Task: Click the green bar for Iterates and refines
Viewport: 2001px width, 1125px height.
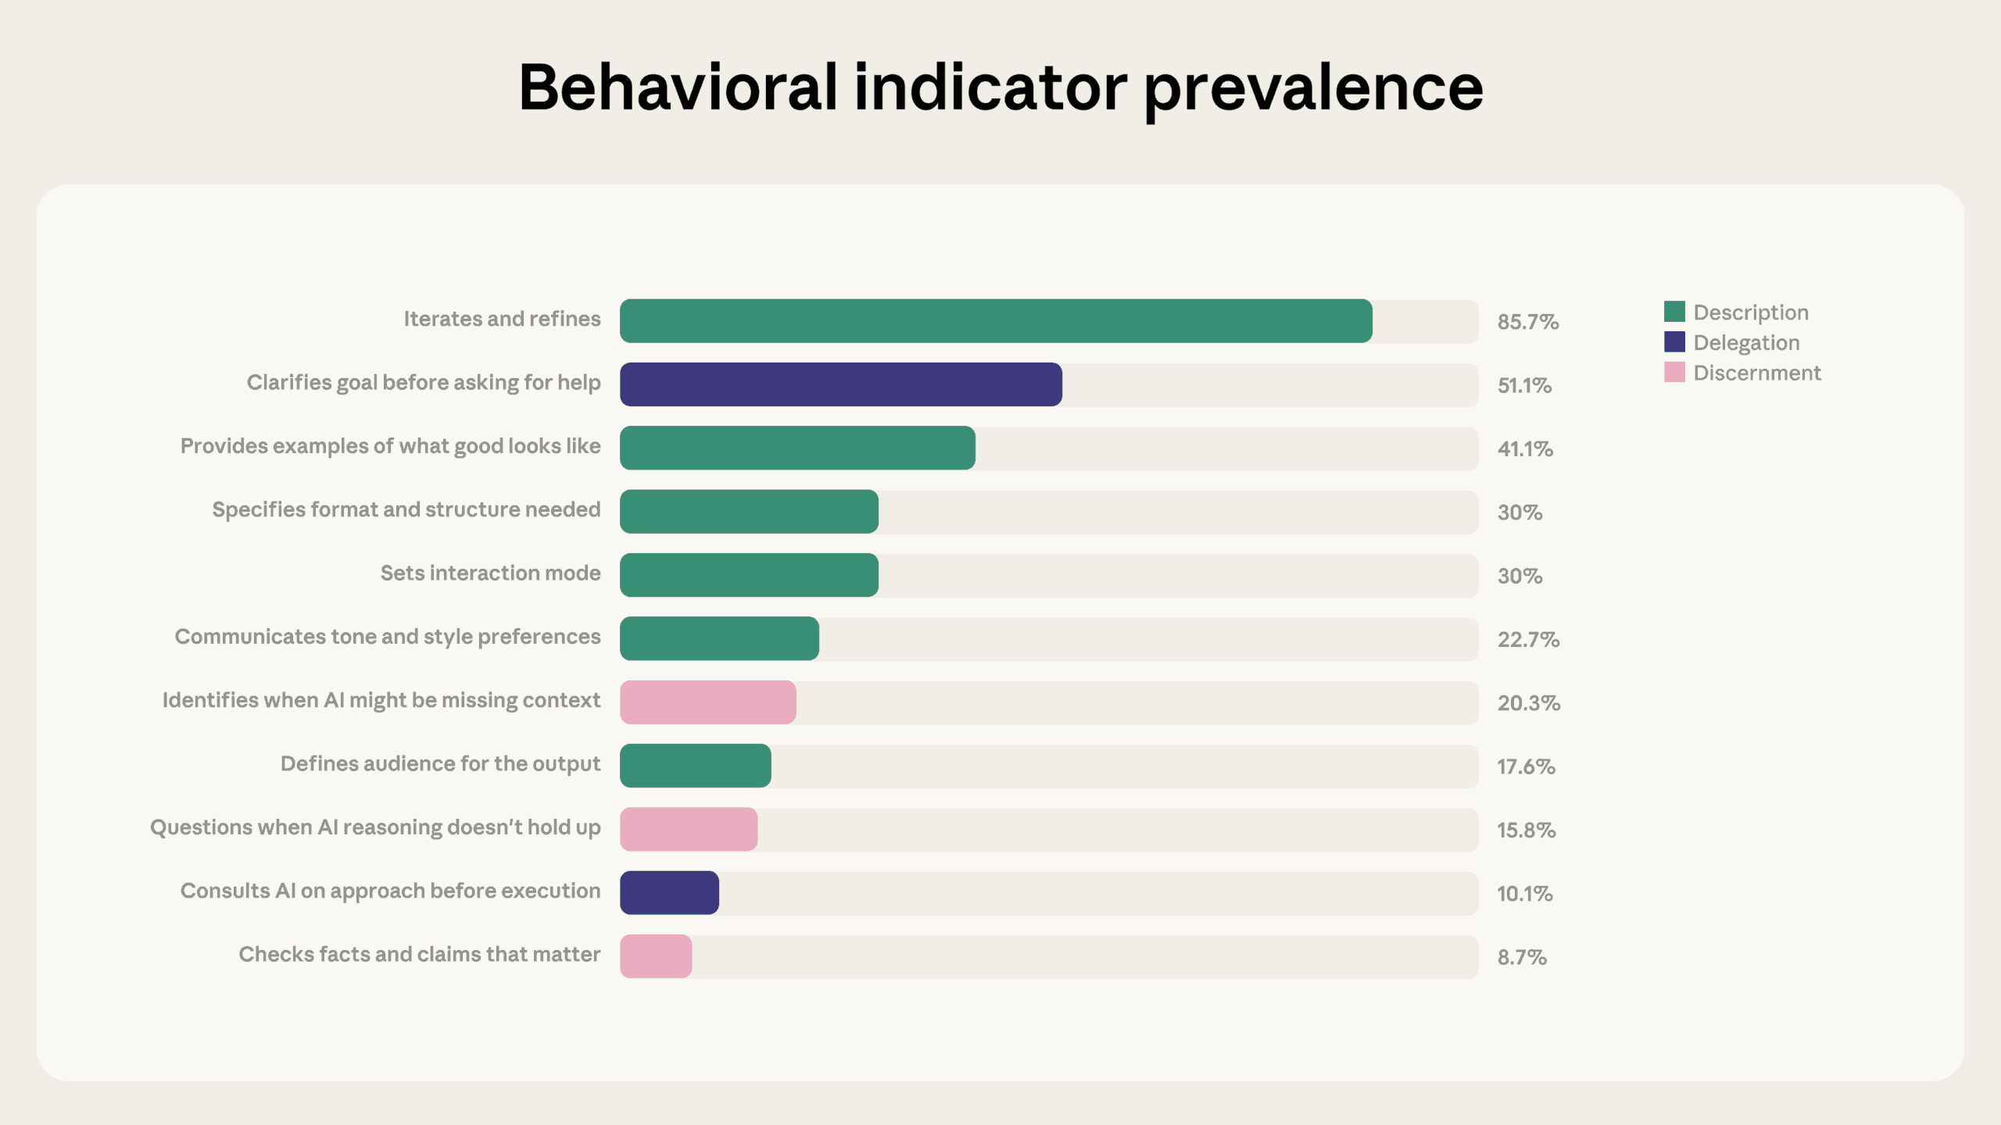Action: (996, 321)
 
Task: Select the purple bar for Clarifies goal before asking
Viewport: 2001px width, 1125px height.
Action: (841, 384)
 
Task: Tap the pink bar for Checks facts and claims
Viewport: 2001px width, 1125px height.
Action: (656, 956)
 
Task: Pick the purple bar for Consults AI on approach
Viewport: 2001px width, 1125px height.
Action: (669, 893)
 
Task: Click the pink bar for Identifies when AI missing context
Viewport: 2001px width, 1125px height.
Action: (708, 702)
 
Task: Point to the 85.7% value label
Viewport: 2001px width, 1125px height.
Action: (1527, 322)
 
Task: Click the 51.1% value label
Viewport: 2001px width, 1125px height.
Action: (1524, 385)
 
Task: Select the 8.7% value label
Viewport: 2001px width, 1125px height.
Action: (1521, 957)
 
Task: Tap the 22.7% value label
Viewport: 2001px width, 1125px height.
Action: (1528, 639)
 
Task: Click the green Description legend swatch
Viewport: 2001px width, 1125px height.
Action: (1674, 312)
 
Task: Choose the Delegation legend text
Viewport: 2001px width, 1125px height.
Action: (1746, 342)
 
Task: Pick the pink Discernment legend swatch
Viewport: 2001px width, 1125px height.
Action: (1674, 373)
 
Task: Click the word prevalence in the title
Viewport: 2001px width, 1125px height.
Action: (1313, 87)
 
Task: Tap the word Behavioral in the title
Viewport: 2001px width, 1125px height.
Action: (677, 87)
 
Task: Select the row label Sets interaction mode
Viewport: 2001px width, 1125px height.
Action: (490, 573)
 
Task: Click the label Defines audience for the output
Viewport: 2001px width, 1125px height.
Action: (440, 763)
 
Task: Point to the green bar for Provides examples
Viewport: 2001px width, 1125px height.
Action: (797, 448)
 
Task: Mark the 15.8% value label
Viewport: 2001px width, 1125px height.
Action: (1526, 830)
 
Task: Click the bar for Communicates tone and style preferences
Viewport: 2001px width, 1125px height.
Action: (719, 639)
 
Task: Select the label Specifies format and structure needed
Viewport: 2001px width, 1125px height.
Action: (406, 509)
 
